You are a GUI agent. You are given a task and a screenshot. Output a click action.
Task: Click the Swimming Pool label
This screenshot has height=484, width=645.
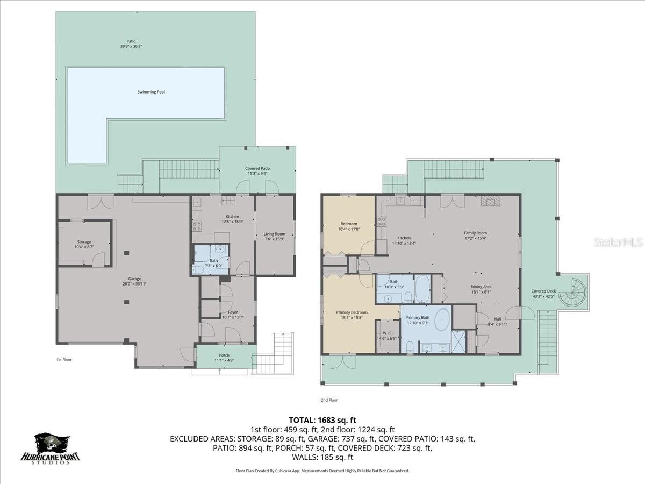(x=150, y=92)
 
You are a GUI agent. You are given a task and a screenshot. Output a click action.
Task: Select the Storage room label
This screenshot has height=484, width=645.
(x=83, y=244)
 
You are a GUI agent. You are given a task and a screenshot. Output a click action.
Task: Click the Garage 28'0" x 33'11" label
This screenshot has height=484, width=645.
(x=134, y=281)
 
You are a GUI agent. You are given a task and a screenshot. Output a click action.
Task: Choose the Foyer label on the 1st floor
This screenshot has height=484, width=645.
(x=233, y=315)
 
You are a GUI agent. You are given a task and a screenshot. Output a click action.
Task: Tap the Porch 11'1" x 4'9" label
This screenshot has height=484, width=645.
(x=225, y=358)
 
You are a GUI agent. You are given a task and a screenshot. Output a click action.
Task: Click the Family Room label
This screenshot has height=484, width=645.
(x=475, y=236)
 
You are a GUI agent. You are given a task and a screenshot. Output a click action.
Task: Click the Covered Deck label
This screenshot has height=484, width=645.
(x=543, y=294)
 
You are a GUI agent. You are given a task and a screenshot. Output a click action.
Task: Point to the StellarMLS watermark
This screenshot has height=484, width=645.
(x=618, y=243)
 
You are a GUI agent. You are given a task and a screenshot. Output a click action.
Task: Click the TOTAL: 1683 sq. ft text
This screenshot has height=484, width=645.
(x=322, y=419)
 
